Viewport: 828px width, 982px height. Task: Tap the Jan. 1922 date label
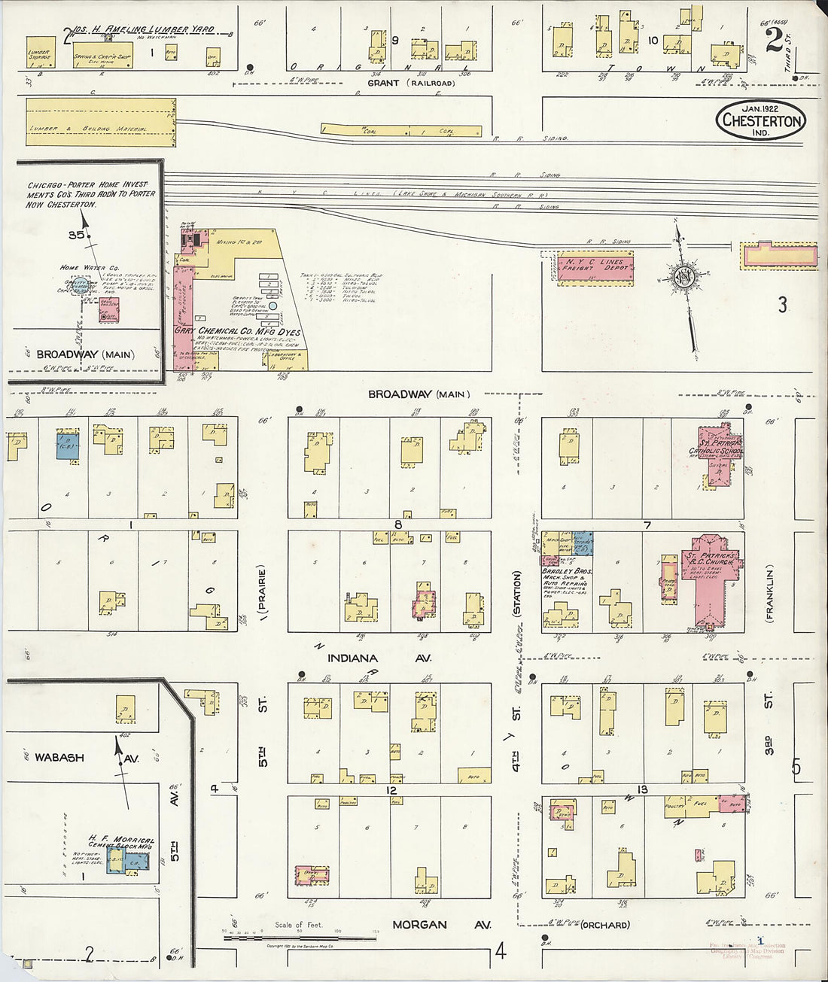[x=760, y=108]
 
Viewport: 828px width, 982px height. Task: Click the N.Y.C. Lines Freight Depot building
[x=595, y=268]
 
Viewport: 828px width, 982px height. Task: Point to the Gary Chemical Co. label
[x=237, y=332]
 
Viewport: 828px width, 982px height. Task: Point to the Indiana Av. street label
[x=379, y=658]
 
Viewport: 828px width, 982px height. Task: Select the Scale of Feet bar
[x=290, y=938]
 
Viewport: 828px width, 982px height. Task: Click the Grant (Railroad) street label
[x=411, y=83]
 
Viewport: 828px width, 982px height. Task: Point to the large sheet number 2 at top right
[x=774, y=39]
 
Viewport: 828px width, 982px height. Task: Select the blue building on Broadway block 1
[x=68, y=444]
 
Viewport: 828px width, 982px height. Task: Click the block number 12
[x=391, y=790]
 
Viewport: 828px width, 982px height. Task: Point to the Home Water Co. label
[x=90, y=268]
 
